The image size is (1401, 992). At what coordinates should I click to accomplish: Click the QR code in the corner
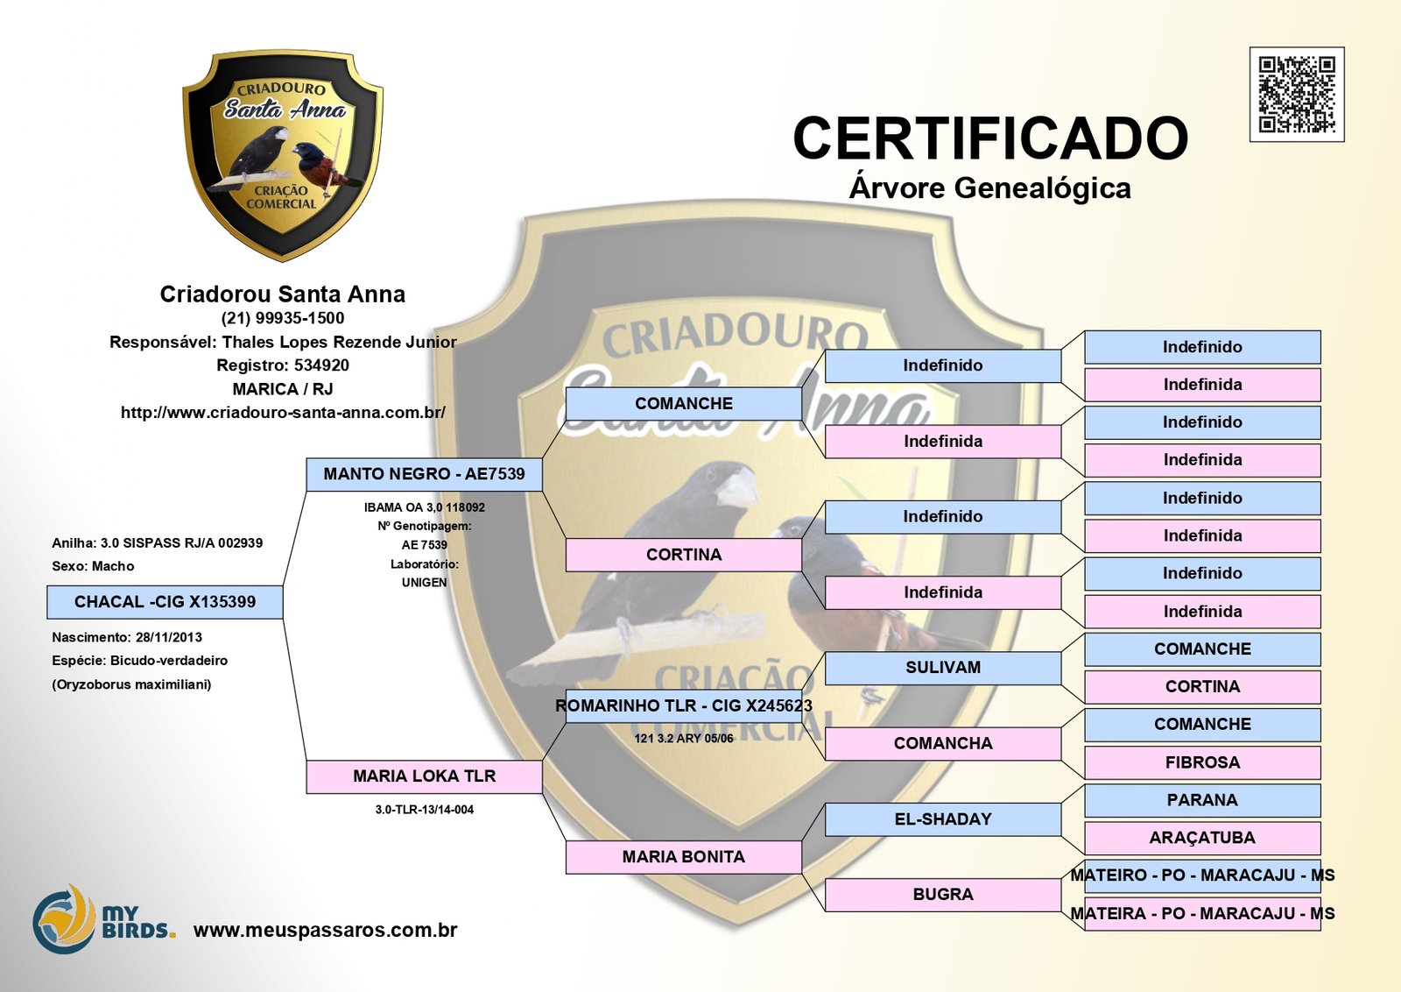click(x=1297, y=95)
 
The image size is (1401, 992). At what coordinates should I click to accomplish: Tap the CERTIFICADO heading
click(x=990, y=138)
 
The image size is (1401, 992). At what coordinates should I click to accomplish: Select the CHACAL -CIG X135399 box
click(x=165, y=602)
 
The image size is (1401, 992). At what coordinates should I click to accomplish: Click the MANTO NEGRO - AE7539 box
click(x=425, y=474)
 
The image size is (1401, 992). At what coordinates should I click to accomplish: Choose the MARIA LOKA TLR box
click(x=425, y=776)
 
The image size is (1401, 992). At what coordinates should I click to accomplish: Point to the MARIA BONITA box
click(x=684, y=857)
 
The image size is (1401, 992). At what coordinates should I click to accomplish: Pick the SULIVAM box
click(x=943, y=668)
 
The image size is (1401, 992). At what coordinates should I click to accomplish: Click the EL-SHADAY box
click(x=943, y=819)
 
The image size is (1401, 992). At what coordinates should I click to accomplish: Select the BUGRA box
click(x=943, y=895)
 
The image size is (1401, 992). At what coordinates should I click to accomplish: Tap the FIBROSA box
click(x=1202, y=762)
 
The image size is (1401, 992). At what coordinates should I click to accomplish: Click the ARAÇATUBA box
click(x=1202, y=838)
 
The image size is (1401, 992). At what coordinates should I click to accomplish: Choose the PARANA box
click(x=1202, y=800)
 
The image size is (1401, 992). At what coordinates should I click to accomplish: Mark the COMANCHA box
click(x=943, y=744)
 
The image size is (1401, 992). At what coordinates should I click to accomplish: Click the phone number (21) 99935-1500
click(x=283, y=318)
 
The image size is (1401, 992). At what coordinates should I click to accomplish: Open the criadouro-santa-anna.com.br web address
click(x=283, y=412)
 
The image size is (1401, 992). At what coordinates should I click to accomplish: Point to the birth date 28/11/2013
click(x=169, y=637)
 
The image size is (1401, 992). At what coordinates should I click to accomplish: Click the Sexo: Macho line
click(x=93, y=566)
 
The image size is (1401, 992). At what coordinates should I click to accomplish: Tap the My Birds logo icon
click(x=64, y=919)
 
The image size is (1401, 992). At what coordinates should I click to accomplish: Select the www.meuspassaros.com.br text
click(x=325, y=930)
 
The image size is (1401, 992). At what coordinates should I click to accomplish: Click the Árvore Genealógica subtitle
click(x=990, y=188)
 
